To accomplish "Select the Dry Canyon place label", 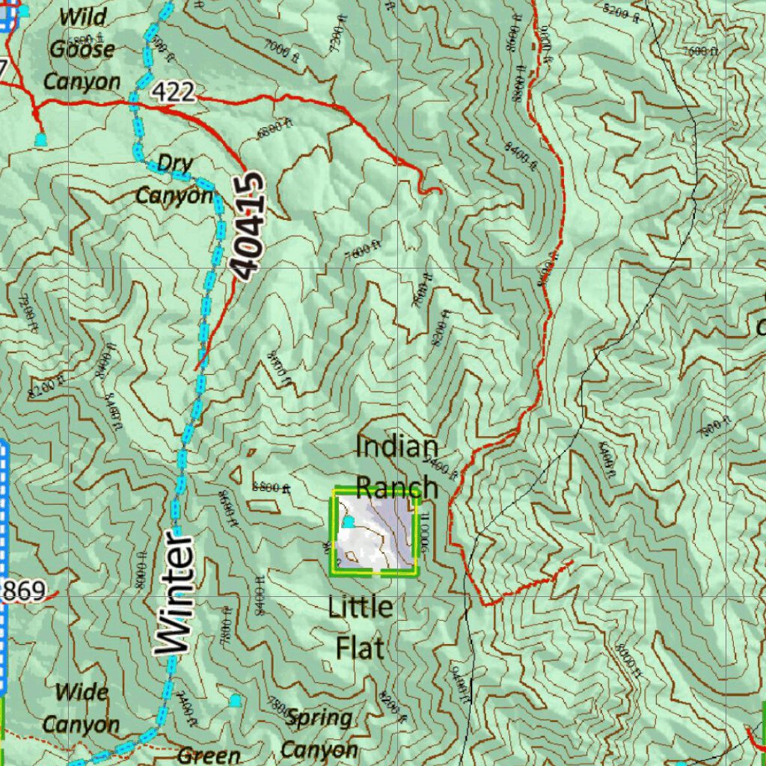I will pos(174,180).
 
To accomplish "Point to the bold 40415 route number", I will pos(247,226).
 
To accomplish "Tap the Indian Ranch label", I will pos(396,468).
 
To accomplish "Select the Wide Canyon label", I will pos(80,708).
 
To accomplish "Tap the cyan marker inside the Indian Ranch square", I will pos(348,521).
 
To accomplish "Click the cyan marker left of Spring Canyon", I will pos(236,700).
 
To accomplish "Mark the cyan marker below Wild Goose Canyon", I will pos(41,138).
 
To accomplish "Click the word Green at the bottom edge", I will pos(209,756).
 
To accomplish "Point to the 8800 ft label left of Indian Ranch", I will pos(271,487).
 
